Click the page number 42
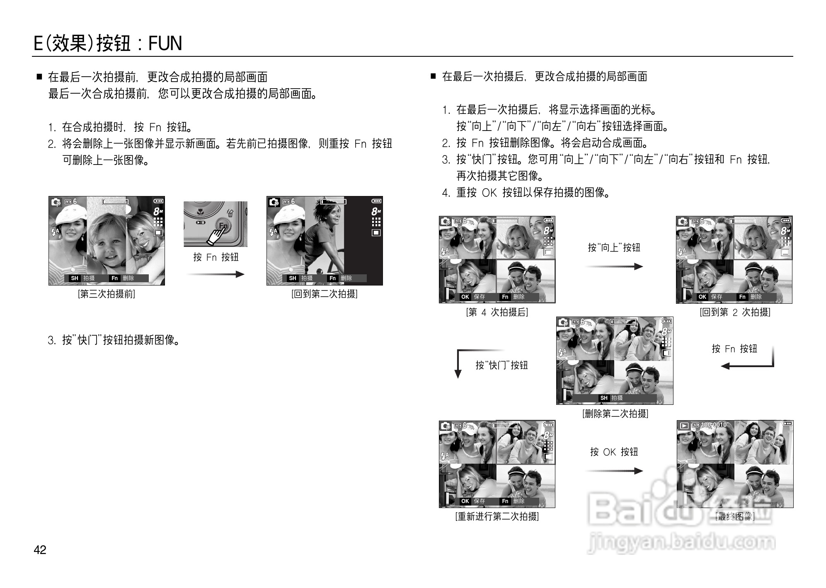tap(40, 550)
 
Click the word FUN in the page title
tap(165, 43)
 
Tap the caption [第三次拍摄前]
tap(107, 294)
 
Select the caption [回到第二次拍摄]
tap(324, 294)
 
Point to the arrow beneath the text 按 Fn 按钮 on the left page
tap(216, 274)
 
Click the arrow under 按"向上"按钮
tap(614, 266)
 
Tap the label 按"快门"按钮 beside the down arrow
tap(501, 365)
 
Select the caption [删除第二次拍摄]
tap(615, 414)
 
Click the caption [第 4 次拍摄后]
tap(497, 312)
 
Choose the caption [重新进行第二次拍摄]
tap(497, 517)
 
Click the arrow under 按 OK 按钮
tap(614, 471)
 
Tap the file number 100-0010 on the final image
tap(714, 425)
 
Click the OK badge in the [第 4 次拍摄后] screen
tap(465, 297)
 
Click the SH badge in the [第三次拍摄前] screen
tap(75, 278)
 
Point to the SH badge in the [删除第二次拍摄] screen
tap(604, 398)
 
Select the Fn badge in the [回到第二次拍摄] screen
tap(332, 278)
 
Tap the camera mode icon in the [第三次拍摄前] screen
tap(56, 202)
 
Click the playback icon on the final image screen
tap(684, 426)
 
